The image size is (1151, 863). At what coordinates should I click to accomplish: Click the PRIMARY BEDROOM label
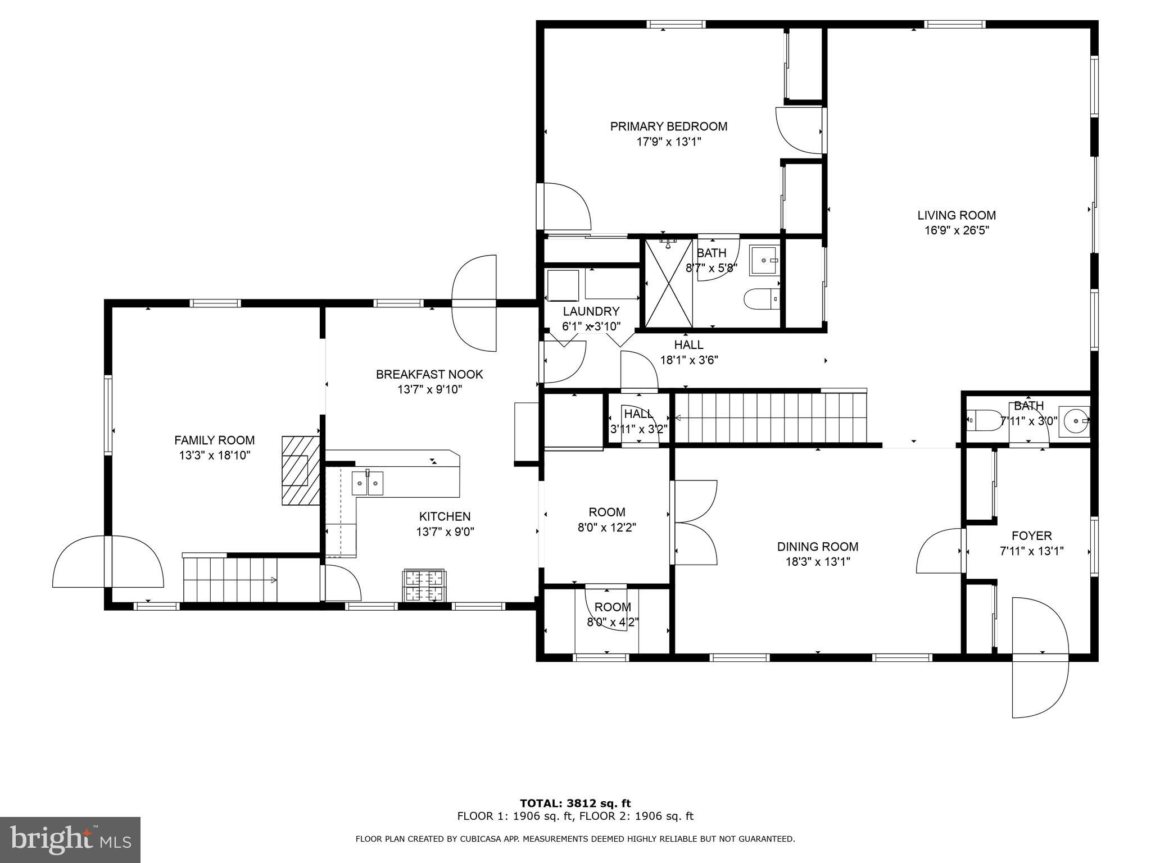point(669,126)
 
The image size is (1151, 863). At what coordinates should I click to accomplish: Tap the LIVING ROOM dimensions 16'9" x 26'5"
point(957,230)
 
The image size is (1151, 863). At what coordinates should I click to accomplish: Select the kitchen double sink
point(368,483)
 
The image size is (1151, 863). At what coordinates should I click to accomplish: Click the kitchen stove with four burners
point(424,586)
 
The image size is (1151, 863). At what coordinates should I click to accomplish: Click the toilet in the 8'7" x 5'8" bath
point(761,299)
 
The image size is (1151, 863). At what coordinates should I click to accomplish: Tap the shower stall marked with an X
point(668,283)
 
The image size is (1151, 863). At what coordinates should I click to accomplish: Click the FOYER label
point(1031,536)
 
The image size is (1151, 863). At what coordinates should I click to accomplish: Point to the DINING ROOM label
point(817,547)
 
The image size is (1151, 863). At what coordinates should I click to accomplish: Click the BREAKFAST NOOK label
point(429,374)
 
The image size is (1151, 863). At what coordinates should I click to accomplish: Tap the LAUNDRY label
point(591,311)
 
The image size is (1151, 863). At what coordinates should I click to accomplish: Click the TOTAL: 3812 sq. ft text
point(575,803)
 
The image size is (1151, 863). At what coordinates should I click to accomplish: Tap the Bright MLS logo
point(70,839)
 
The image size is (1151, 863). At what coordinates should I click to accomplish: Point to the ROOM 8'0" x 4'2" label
point(613,607)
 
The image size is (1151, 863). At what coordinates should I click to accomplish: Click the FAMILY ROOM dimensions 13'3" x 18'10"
point(214,456)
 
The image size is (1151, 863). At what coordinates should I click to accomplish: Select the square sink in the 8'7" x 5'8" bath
point(764,261)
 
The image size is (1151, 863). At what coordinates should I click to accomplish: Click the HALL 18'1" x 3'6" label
point(688,345)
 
